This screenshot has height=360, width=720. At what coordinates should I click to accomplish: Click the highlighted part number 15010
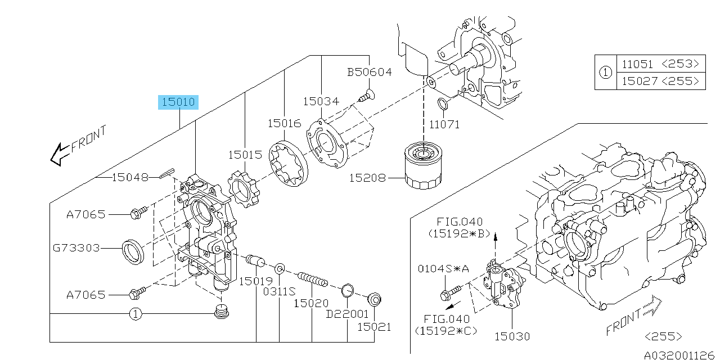coord(178,102)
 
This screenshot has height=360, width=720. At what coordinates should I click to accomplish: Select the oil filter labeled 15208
coord(424,166)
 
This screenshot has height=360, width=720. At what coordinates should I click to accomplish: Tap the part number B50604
coord(369,73)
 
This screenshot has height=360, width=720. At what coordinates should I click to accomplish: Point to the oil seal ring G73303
coord(134,251)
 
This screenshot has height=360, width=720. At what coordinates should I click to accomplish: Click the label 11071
coord(444,124)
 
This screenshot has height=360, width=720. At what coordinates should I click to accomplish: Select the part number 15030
coord(512,336)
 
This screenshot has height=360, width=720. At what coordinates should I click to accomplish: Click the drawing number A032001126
coord(681,355)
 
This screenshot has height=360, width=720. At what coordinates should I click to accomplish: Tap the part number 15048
coord(130,177)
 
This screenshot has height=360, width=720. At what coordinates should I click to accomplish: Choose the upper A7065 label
coord(85,214)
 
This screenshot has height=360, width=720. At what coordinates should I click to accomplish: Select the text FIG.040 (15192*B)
coord(460,227)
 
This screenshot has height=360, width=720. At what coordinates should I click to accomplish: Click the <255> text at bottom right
coord(664,336)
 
